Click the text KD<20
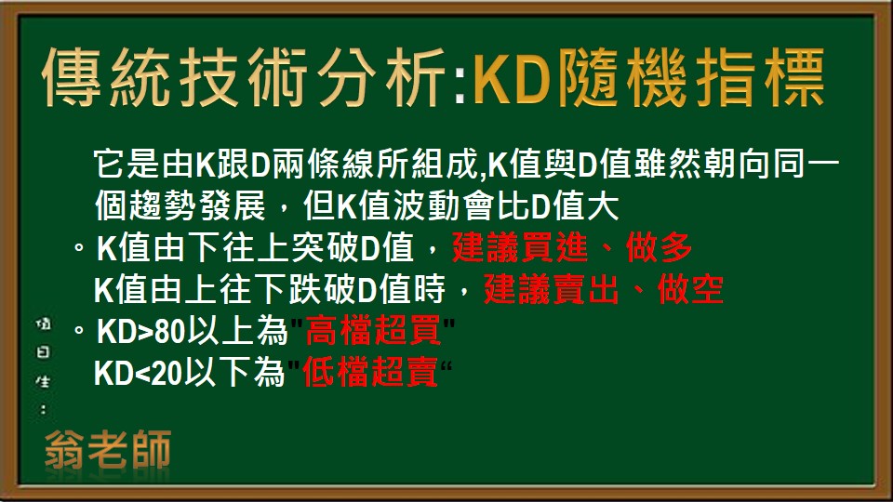(x=142, y=373)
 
